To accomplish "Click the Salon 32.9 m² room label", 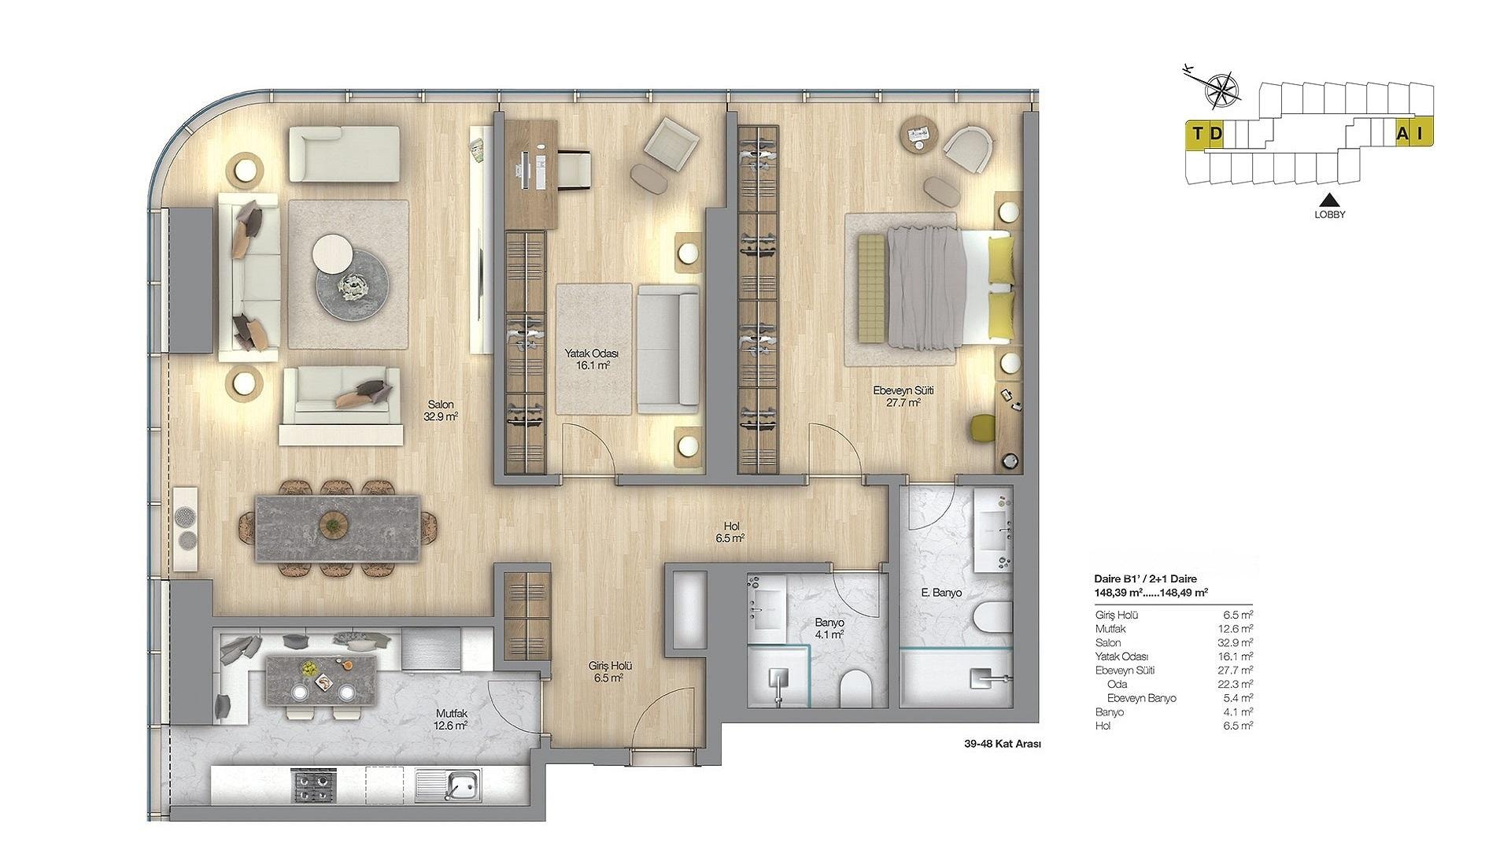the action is click(x=441, y=411).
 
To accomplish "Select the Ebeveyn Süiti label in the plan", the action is click(x=903, y=390).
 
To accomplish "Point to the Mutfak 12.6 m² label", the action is click(x=452, y=719).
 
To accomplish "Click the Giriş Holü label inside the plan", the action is click(x=610, y=665).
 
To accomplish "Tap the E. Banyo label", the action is click(x=941, y=593).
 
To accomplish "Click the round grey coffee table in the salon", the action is click(x=353, y=285).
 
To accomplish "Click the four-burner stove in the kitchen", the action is click(x=313, y=785).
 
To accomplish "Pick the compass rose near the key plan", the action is click(x=1221, y=89).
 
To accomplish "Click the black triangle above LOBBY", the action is click(x=1329, y=200).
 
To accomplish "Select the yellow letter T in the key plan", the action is click(x=1197, y=133).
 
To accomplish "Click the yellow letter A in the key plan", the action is click(x=1402, y=134).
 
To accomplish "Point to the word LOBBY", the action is click(x=1330, y=214).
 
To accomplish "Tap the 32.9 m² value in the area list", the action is click(x=1238, y=642).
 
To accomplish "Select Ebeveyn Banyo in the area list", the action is click(x=1141, y=698).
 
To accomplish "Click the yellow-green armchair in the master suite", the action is click(x=982, y=428).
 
